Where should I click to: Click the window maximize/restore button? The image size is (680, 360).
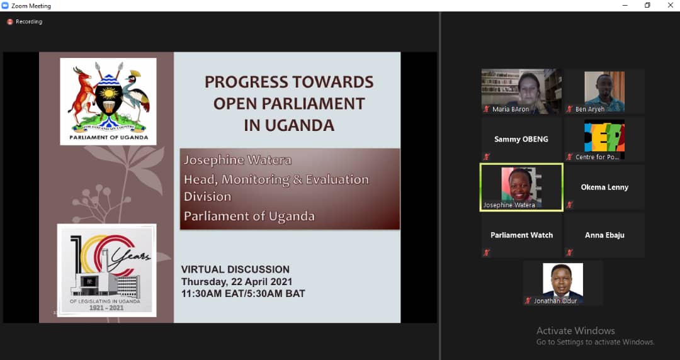[647, 6]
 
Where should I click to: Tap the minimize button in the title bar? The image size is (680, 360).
[626, 6]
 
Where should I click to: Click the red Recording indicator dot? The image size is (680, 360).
[10, 22]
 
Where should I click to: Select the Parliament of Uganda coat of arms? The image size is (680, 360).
[108, 101]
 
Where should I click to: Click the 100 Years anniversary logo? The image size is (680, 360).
[107, 270]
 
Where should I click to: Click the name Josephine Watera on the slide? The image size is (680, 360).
[237, 160]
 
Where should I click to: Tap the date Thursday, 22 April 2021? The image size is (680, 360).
[237, 281]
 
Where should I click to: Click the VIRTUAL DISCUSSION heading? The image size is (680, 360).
[235, 269]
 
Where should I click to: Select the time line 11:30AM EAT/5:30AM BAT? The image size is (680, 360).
[243, 293]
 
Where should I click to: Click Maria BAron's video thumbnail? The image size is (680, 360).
[521, 91]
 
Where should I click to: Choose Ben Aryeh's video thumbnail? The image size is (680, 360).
[604, 91]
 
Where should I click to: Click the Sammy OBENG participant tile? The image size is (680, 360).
[521, 139]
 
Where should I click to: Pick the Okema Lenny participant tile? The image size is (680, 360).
[604, 187]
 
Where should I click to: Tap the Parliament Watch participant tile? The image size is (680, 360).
[521, 235]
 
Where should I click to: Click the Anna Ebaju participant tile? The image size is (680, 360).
[604, 235]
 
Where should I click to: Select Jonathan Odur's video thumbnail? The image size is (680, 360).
[563, 283]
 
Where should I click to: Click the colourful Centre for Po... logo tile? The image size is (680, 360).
[604, 139]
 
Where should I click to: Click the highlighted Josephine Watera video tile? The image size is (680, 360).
[521, 187]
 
